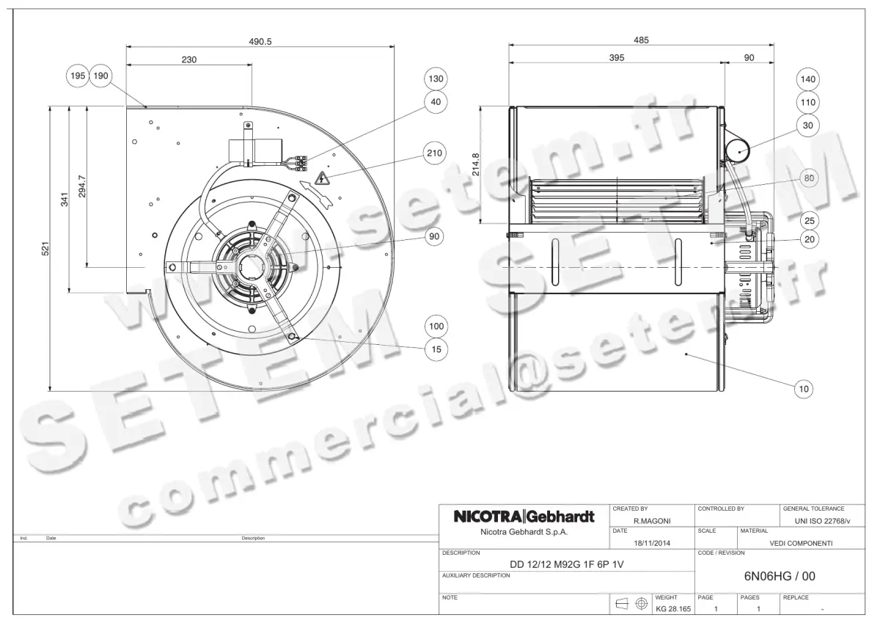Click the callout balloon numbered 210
(435, 153)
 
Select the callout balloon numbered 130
(436, 79)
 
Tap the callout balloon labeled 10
(804, 389)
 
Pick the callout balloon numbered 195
(78, 76)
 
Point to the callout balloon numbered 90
(435, 237)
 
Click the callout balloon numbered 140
(808, 79)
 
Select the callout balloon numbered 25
(808, 220)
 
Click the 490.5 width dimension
(260, 42)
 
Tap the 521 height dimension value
(45, 249)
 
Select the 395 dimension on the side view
(617, 58)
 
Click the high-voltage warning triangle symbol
(321, 178)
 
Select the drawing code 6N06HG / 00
(780, 576)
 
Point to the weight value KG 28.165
(672, 608)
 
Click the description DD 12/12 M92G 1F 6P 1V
(567, 564)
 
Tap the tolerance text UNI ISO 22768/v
(822, 520)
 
